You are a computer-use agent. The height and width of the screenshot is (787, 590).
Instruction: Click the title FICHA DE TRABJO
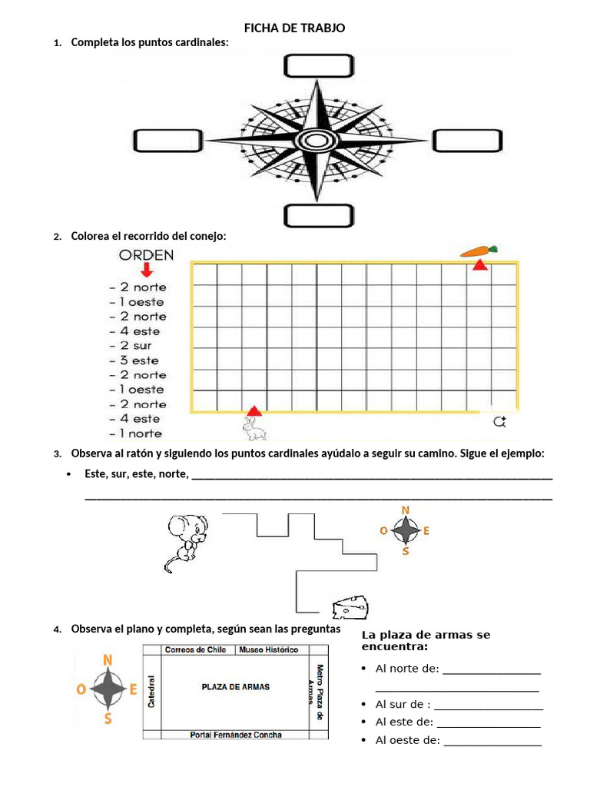pos(295,28)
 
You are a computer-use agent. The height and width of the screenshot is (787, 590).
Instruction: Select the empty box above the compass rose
pos(317,67)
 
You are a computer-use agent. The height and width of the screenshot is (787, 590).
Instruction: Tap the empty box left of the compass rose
pos(167,141)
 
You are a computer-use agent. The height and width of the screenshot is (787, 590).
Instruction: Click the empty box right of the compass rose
pos(466,141)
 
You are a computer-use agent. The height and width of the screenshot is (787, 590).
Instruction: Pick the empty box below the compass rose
pos(317,215)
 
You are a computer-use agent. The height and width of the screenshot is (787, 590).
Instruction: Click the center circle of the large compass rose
pos(315,141)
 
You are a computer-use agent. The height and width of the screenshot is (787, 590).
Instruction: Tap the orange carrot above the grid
pos(479,251)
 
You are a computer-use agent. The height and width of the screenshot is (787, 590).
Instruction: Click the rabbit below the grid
pos(253,428)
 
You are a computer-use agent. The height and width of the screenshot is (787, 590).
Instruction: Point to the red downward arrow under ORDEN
pos(146,271)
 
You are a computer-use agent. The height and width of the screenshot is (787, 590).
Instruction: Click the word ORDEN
pos(146,255)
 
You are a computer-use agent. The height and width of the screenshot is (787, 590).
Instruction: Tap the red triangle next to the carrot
pos(479,265)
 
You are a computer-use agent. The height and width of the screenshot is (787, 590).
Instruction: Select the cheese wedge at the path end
pos(351,606)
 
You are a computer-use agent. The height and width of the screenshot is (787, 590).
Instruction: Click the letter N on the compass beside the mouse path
pos(406,510)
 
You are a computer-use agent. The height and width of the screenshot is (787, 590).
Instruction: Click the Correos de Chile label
pos(195,650)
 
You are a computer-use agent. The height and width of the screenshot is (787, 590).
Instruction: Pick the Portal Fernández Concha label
pos(235,735)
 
